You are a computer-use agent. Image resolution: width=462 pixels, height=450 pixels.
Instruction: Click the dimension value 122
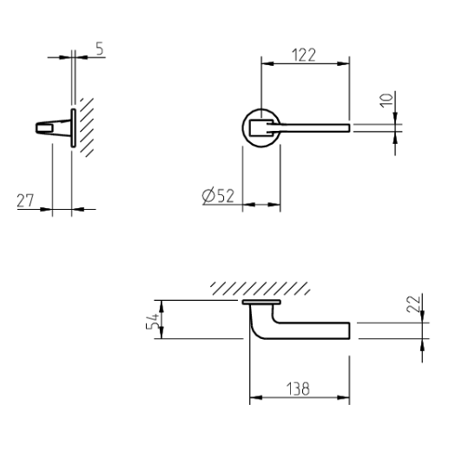tap(302, 55)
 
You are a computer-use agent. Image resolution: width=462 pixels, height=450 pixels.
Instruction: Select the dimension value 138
tap(299, 388)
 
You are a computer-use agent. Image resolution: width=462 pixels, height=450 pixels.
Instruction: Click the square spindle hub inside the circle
tap(256, 129)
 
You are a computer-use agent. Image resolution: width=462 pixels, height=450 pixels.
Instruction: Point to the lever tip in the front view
tap(346, 128)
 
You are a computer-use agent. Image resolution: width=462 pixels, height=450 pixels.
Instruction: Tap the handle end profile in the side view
tap(50, 128)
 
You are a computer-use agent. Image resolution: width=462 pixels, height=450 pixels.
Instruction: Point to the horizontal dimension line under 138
tap(299, 400)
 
